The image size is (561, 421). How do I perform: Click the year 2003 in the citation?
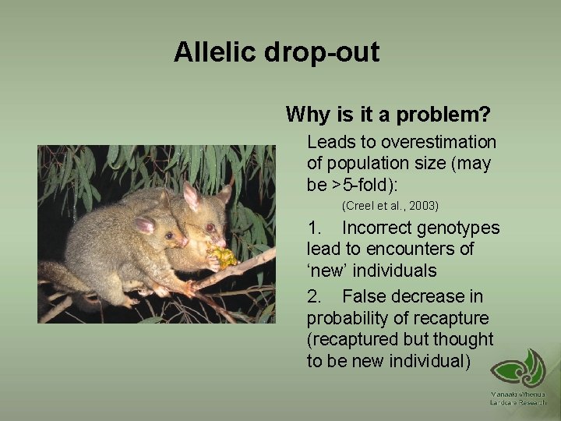click(423, 206)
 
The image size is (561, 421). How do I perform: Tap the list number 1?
click(314, 228)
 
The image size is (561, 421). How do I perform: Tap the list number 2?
click(314, 296)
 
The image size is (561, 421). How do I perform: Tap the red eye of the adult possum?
click(210, 228)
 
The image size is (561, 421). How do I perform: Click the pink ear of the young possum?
click(145, 225)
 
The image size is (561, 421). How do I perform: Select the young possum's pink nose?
click(185, 242)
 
